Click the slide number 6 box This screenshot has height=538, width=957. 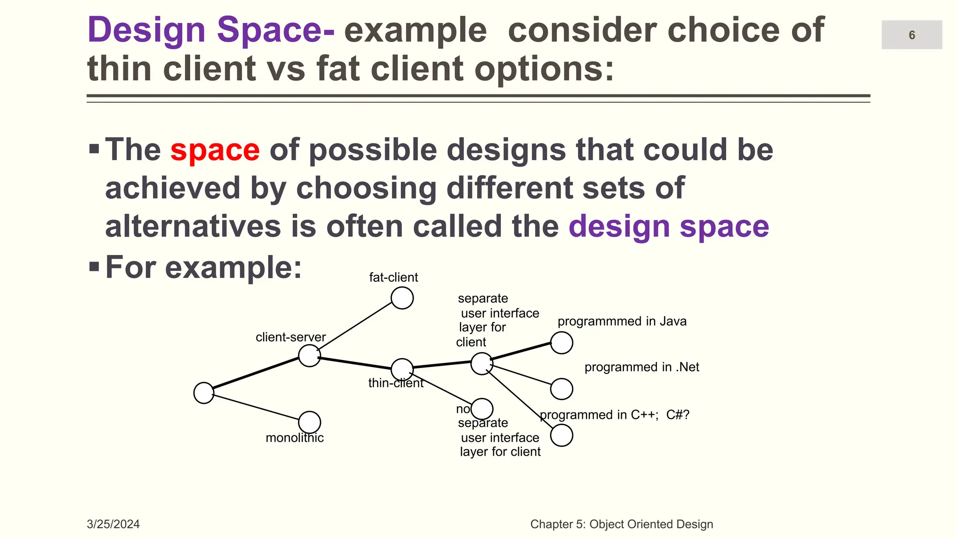click(911, 35)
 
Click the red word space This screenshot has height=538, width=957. click(215, 150)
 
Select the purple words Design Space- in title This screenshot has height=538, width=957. click(211, 30)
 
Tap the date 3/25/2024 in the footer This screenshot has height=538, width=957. click(113, 524)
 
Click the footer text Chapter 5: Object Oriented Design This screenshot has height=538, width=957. click(621, 524)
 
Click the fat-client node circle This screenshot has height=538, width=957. click(402, 298)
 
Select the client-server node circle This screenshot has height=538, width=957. click(309, 356)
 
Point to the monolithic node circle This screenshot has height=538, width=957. click(309, 422)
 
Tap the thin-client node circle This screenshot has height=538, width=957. click(402, 369)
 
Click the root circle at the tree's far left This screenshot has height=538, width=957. click(204, 393)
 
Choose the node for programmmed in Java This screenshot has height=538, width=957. click(561, 343)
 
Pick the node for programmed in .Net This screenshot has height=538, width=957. click(561, 389)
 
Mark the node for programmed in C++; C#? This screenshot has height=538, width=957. click(561, 435)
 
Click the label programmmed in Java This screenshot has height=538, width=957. click(622, 321)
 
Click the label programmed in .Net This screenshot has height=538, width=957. click(642, 367)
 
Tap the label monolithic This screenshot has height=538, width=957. click(294, 438)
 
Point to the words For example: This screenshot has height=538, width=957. click(204, 268)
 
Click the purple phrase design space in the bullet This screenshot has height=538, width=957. click(669, 227)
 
